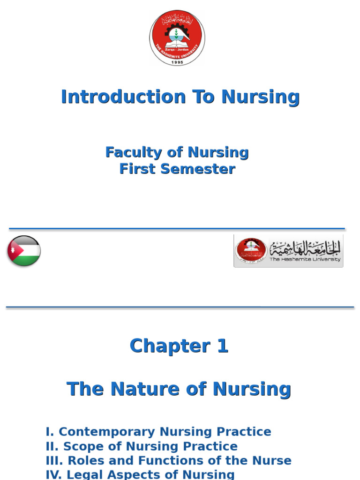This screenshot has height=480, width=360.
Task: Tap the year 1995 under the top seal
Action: [x=177, y=62]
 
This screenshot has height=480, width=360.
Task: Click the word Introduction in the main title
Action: [x=123, y=97]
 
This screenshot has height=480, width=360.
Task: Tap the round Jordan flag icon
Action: [x=24, y=251]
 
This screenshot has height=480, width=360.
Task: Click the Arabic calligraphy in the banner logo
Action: [x=305, y=247]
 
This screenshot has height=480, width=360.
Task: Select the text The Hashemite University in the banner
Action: [x=305, y=260]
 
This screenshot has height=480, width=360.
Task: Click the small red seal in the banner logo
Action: [x=251, y=251]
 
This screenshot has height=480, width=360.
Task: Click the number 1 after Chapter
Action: [x=222, y=346]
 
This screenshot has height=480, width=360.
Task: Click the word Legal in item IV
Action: [x=85, y=474]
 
